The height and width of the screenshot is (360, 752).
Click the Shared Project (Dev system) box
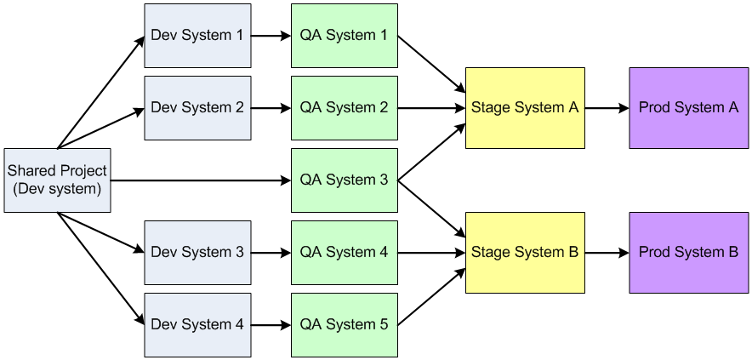pos(57,180)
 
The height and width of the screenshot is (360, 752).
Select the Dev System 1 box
pos(197,36)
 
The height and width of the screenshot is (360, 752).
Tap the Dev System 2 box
pos(197,108)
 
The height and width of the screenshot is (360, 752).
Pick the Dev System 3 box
pos(197,253)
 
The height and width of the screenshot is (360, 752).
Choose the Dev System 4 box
pos(197,325)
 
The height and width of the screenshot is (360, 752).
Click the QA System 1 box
pos(344,36)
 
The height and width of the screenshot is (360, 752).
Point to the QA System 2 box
pos(344,108)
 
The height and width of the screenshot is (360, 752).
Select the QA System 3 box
pos(344,180)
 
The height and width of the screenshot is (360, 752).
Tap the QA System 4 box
pos(344,253)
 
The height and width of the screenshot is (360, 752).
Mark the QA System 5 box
pos(344,325)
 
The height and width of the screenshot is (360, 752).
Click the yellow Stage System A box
pos(525,108)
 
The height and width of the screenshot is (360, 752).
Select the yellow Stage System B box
pos(525,253)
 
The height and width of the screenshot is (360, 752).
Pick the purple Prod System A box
pos(688,108)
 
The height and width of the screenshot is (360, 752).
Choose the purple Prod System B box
pos(688,253)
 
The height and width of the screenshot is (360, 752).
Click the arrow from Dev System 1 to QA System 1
pos(271,36)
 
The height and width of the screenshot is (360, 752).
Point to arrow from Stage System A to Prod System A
pos(607,108)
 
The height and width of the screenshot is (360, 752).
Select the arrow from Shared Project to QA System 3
pos(200,180)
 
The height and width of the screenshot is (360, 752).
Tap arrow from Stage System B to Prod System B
pos(607,253)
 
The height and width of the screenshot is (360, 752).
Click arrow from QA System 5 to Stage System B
pos(431,295)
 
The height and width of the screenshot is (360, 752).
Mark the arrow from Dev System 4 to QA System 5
pos(271,325)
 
